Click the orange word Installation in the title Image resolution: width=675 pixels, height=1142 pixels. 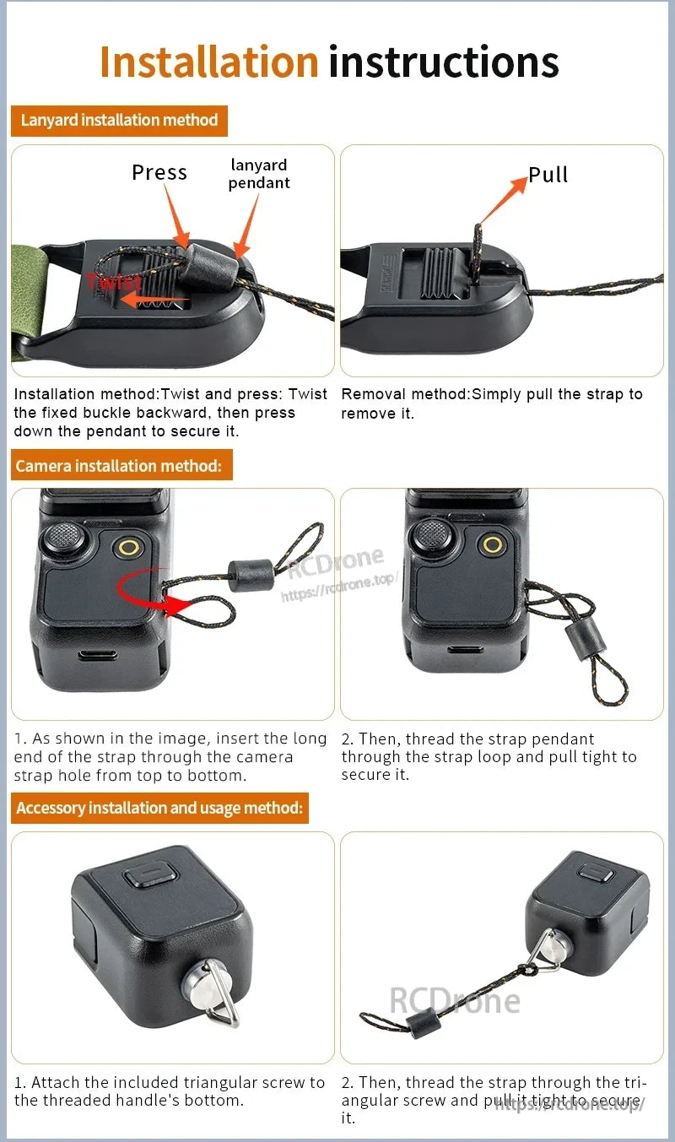pyautogui.click(x=208, y=62)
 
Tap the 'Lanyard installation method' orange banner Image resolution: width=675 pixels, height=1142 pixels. pyautogui.click(x=119, y=120)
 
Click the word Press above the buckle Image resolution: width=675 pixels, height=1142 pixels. pyautogui.click(x=159, y=172)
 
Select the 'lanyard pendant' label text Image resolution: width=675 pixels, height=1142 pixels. pyautogui.click(x=258, y=174)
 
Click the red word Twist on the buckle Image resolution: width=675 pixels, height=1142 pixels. pyautogui.click(x=113, y=282)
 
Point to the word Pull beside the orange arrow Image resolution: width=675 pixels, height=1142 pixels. pyautogui.click(x=548, y=175)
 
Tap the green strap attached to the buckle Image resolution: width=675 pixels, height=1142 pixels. pyautogui.click(x=34, y=295)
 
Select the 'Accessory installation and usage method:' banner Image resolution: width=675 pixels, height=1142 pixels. pyautogui.click(x=159, y=808)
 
